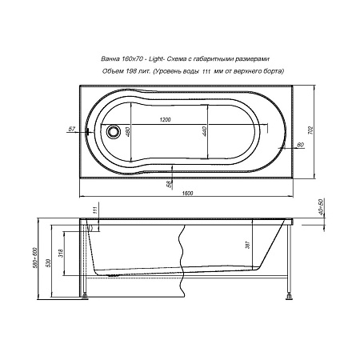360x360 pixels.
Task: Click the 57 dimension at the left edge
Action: [x=71, y=127]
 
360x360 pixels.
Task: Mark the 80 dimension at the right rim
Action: [x=299, y=145]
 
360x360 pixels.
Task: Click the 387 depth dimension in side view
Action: [x=248, y=247]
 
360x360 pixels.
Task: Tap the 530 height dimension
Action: [x=48, y=263]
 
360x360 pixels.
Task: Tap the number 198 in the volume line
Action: [x=133, y=72]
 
